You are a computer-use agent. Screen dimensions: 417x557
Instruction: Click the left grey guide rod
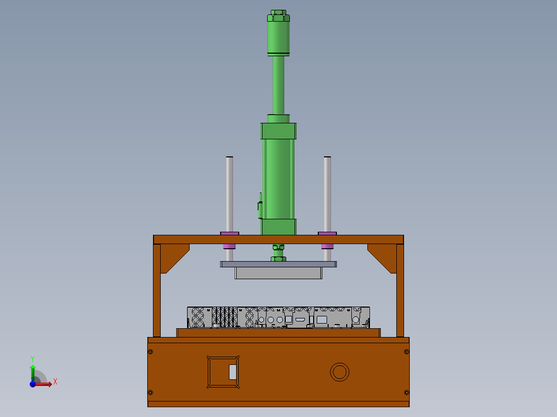pos(229,194)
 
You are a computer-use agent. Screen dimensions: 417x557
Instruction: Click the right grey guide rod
pos(327,194)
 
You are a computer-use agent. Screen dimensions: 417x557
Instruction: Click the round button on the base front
pos(339,372)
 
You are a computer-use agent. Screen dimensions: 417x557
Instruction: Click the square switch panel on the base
pos(224,372)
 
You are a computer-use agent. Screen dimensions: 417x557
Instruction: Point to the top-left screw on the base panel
pos(150,352)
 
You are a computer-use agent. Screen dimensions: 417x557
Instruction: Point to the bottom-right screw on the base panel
pos(406,393)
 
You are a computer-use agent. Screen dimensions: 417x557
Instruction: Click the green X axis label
pos(55,382)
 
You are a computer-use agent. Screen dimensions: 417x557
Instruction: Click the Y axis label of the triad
pos(33,358)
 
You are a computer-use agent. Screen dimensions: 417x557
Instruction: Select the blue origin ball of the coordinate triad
pos(33,383)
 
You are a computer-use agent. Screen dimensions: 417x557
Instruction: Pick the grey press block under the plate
pos(278,273)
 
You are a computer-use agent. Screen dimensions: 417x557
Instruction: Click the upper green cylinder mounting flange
pos(278,131)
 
